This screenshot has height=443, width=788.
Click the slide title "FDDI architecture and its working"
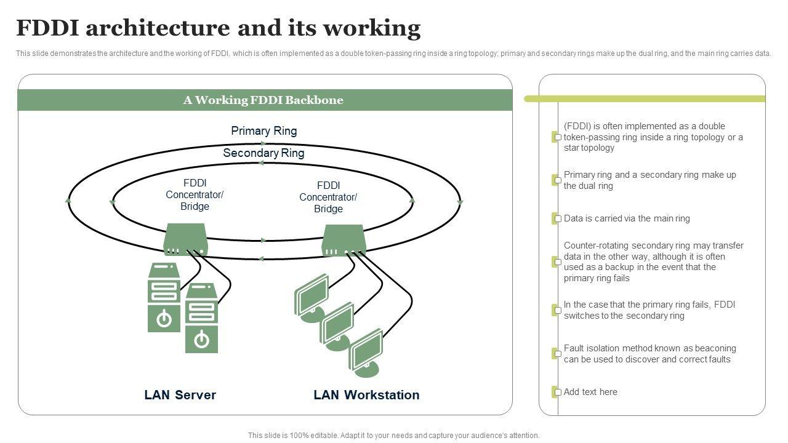coord(218,28)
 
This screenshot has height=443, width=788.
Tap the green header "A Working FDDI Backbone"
coord(263,100)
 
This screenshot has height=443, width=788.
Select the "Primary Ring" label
coord(263,131)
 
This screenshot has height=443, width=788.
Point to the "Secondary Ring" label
coord(263,153)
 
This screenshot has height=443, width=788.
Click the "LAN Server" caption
coord(180,395)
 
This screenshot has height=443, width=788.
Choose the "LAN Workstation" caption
coord(366,395)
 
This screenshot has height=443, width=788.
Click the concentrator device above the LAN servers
coord(185,239)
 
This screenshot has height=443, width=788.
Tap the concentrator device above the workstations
coord(344,240)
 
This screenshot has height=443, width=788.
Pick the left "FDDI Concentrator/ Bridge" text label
coord(195,194)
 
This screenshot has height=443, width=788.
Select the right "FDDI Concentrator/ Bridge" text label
coord(328,197)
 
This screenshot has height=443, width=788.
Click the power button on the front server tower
coord(201,339)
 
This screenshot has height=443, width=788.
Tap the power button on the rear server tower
coord(164,319)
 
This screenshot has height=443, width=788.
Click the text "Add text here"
coord(590,392)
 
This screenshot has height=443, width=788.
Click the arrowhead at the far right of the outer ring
coord(460,202)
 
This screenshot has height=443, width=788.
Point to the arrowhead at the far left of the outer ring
coord(68,201)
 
